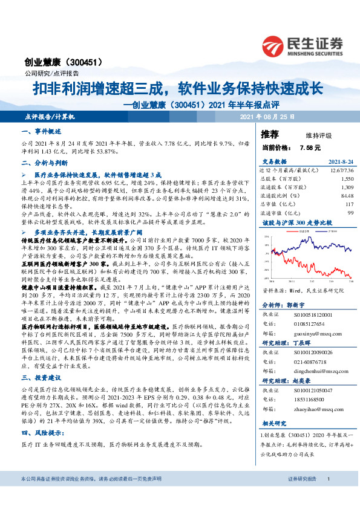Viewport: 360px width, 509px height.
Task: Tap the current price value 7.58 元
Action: click(310, 148)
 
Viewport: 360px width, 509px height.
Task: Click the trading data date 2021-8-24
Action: click(339, 162)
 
